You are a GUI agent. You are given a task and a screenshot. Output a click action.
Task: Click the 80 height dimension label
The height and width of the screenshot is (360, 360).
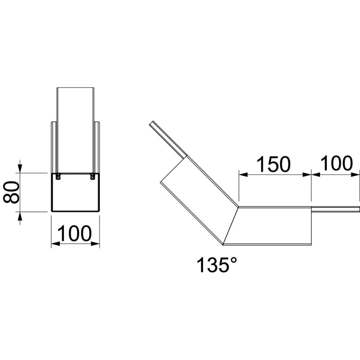pos(11,192)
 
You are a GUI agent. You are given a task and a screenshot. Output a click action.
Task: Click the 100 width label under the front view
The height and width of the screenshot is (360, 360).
pos(74,233)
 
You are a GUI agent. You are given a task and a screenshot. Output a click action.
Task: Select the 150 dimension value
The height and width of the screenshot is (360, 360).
pos(273,164)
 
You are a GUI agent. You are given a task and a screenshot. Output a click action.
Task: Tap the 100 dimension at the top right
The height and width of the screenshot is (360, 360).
pos(336,163)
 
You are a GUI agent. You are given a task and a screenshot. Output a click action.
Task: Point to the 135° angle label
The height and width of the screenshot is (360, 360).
pos(217,265)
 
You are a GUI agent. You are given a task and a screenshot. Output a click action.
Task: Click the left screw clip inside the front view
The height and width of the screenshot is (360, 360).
pos(58,176)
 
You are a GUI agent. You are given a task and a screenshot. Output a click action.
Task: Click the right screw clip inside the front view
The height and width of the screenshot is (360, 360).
pos(92,176)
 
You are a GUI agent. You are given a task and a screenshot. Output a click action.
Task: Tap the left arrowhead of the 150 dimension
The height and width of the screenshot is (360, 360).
pos(243,175)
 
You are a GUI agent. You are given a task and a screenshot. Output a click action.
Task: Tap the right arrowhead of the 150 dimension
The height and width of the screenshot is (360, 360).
pos(307,175)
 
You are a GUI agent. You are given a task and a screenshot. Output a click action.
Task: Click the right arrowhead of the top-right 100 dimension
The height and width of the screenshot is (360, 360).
pos(355,175)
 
